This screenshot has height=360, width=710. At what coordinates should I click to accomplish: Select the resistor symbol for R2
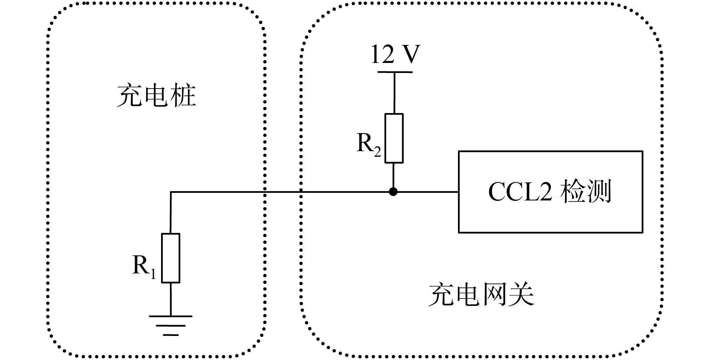click(394, 138)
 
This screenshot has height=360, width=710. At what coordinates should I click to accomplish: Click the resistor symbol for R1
click(171, 258)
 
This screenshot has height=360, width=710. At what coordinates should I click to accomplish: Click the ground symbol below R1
click(171, 326)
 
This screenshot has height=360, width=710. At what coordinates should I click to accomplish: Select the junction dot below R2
click(393, 192)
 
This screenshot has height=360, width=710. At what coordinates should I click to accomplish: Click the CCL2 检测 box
click(551, 192)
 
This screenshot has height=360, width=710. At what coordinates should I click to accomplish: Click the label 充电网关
click(481, 295)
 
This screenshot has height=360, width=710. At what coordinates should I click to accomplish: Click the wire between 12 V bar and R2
click(394, 93)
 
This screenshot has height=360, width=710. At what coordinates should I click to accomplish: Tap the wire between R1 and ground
click(171, 299)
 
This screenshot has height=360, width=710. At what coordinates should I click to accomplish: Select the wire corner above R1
click(171, 192)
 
